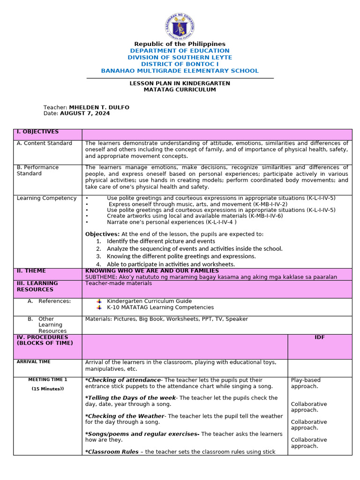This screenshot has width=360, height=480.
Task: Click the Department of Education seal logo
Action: [x=180, y=26]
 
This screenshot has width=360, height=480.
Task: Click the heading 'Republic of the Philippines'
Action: [x=180, y=44]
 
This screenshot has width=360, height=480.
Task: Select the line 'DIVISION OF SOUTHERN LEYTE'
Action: [x=180, y=57]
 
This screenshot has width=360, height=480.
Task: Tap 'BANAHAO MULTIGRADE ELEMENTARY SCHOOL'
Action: [x=180, y=71]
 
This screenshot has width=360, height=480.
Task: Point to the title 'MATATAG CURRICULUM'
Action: [x=180, y=90]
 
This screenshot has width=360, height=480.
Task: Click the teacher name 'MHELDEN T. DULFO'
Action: [x=99, y=107]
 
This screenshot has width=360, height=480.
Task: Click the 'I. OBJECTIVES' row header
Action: [x=37, y=132]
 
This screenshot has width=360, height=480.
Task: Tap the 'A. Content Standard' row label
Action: [x=45, y=143]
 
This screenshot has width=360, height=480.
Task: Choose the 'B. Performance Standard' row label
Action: [x=37, y=170]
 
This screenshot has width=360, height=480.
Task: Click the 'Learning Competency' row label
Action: [x=46, y=198]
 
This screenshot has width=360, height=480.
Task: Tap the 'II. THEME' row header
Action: [x=31, y=271]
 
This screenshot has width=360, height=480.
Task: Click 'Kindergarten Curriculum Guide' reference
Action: [x=149, y=301]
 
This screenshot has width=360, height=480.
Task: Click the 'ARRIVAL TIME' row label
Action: [x=33, y=362]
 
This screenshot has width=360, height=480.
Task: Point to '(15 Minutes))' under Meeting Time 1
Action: [x=47, y=389]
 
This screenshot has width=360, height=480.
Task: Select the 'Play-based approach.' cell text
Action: [x=305, y=383]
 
